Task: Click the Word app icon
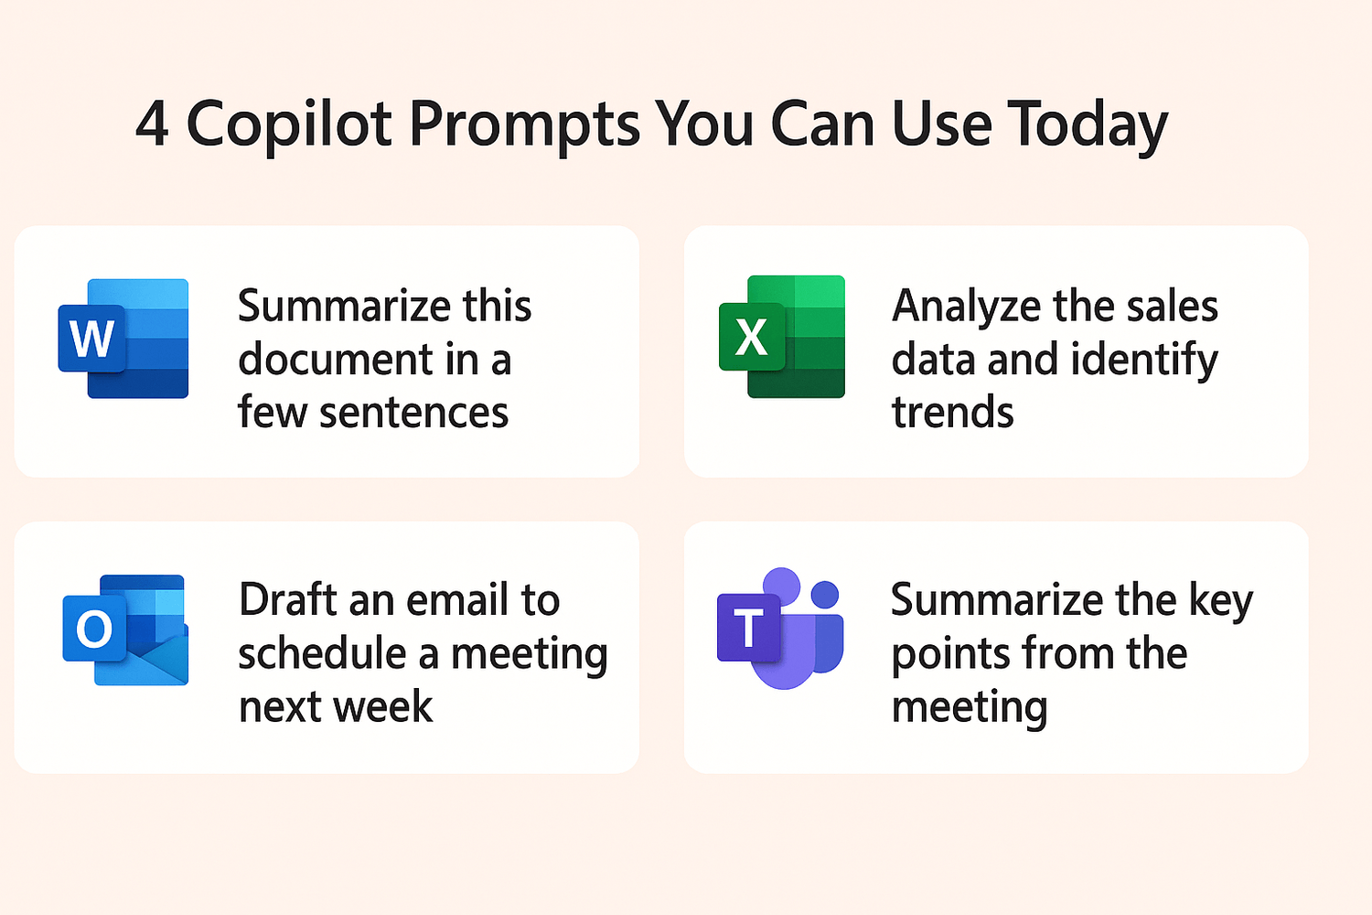pyautogui.click(x=123, y=339)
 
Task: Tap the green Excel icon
pyautogui.click(x=782, y=337)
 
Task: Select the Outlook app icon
pyautogui.click(x=125, y=630)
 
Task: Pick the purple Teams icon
pyautogui.click(x=780, y=629)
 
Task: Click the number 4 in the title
pyautogui.click(x=152, y=124)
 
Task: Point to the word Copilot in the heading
pyautogui.click(x=288, y=125)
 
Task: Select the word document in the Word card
pyautogui.click(x=336, y=359)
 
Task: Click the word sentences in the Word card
pyautogui.click(x=414, y=413)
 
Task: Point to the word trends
pyautogui.click(x=952, y=412)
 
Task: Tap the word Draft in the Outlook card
pyautogui.click(x=287, y=599)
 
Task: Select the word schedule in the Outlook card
pyautogui.click(x=322, y=652)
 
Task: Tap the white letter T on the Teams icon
pyautogui.click(x=748, y=629)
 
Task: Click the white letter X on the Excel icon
pyautogui.click(x=751, y=338)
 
